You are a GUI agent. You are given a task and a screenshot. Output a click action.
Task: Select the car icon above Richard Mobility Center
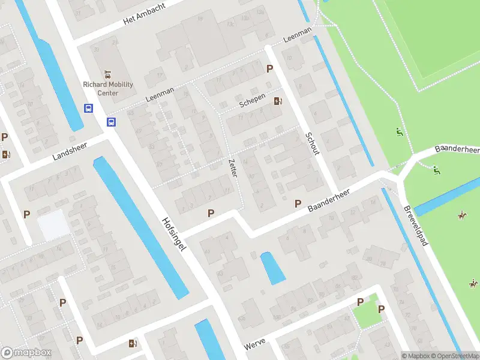click(x=108, y=74)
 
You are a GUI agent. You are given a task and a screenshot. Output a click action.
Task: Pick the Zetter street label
click(x=233, y=167)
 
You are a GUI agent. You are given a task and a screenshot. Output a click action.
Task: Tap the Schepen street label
click(x=252, y=101)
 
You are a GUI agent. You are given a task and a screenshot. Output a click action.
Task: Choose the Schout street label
click(x=312, y=144)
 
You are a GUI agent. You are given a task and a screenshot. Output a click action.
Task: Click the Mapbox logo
click(x=26, y=353)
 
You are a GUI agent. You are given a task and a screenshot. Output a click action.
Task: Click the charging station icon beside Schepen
click(x=277, y=101)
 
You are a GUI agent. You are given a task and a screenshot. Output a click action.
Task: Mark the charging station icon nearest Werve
click(x=133, y=344)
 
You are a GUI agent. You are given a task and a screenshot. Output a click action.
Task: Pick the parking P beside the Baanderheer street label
click(x=298, y=204)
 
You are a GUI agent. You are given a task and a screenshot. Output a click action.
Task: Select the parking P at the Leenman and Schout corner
click(x=269, y=68)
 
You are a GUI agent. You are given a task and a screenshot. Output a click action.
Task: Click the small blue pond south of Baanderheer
click(x=273, y=268)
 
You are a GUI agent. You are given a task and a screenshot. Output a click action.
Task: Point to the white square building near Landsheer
click(x=53, y=226)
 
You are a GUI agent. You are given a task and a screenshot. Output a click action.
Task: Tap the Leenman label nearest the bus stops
click(x=160, y=94)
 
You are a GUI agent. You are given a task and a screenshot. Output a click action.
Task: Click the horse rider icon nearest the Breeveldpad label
click(x=462, y=215)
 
